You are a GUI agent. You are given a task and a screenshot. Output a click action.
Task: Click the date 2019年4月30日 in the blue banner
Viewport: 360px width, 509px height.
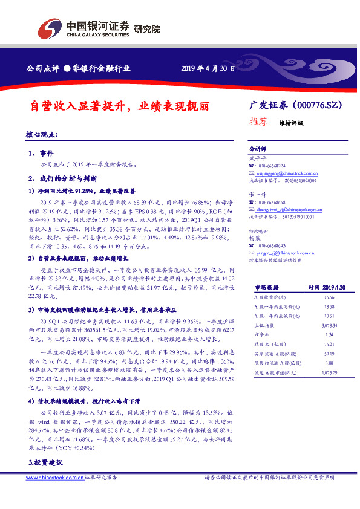[208, 68]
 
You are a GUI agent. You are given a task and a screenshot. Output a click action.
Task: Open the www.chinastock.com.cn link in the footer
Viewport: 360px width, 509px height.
[54, 478]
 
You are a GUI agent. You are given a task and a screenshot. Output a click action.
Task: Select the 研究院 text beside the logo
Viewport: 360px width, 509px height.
[147, 28]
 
